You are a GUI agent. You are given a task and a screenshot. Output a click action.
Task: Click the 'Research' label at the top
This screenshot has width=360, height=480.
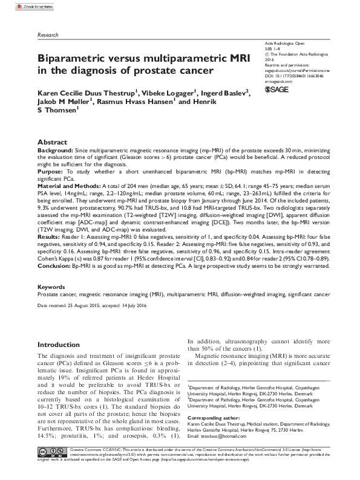[48, 36]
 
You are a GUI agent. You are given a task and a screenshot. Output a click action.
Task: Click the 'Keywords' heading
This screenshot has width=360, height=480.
[51, 287]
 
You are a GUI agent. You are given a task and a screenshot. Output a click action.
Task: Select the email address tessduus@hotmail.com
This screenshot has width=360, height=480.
[231, 436]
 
